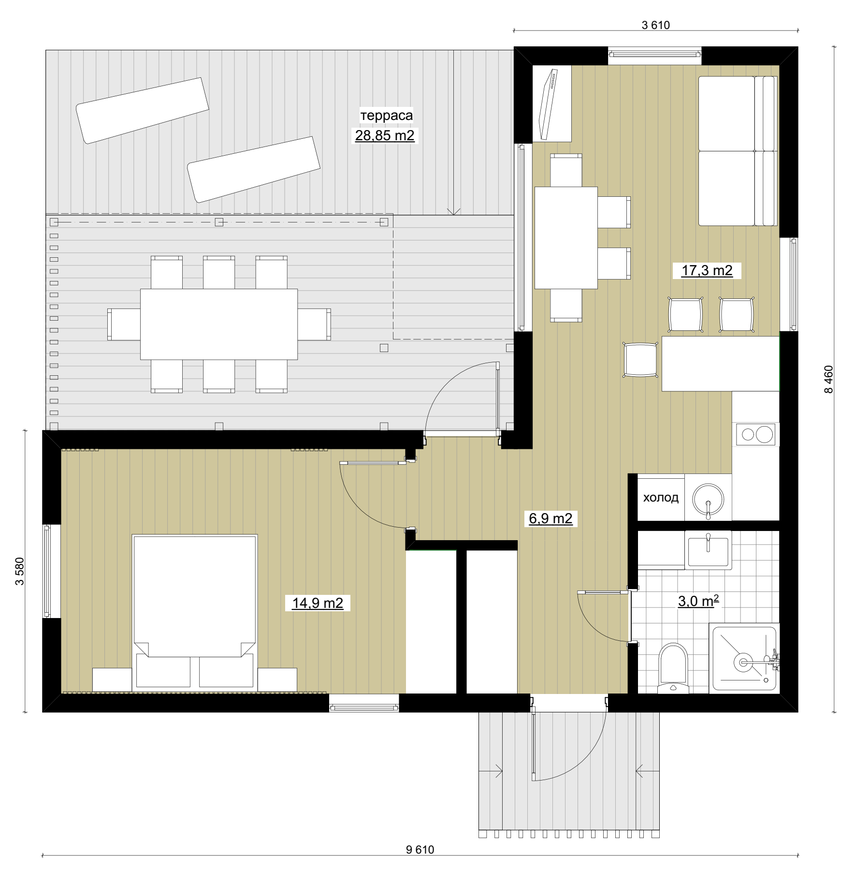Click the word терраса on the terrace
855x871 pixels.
pos(386,116)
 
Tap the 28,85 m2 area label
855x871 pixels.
pos(385,135)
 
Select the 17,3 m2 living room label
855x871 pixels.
pos(707,270)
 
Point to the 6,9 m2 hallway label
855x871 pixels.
pos(551,519)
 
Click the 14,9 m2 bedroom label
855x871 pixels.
pos(318,603)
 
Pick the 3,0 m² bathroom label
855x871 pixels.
pos(698,601)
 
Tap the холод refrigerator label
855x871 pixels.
pos(661,498)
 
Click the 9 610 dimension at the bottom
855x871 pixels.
pos(420,850)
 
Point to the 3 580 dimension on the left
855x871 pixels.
pos(20,571)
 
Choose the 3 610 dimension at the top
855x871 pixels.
pos(656,25)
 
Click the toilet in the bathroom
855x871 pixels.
pos(674,668)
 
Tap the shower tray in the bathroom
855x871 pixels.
pos(744,658)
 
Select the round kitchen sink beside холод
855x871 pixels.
pos(708,499)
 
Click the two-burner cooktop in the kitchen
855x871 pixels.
pos(756,434)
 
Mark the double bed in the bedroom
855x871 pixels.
pos(194,611)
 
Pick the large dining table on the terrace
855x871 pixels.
pos(219,324)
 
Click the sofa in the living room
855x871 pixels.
pos(738,151)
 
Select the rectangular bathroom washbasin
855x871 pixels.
pos(708,550)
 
